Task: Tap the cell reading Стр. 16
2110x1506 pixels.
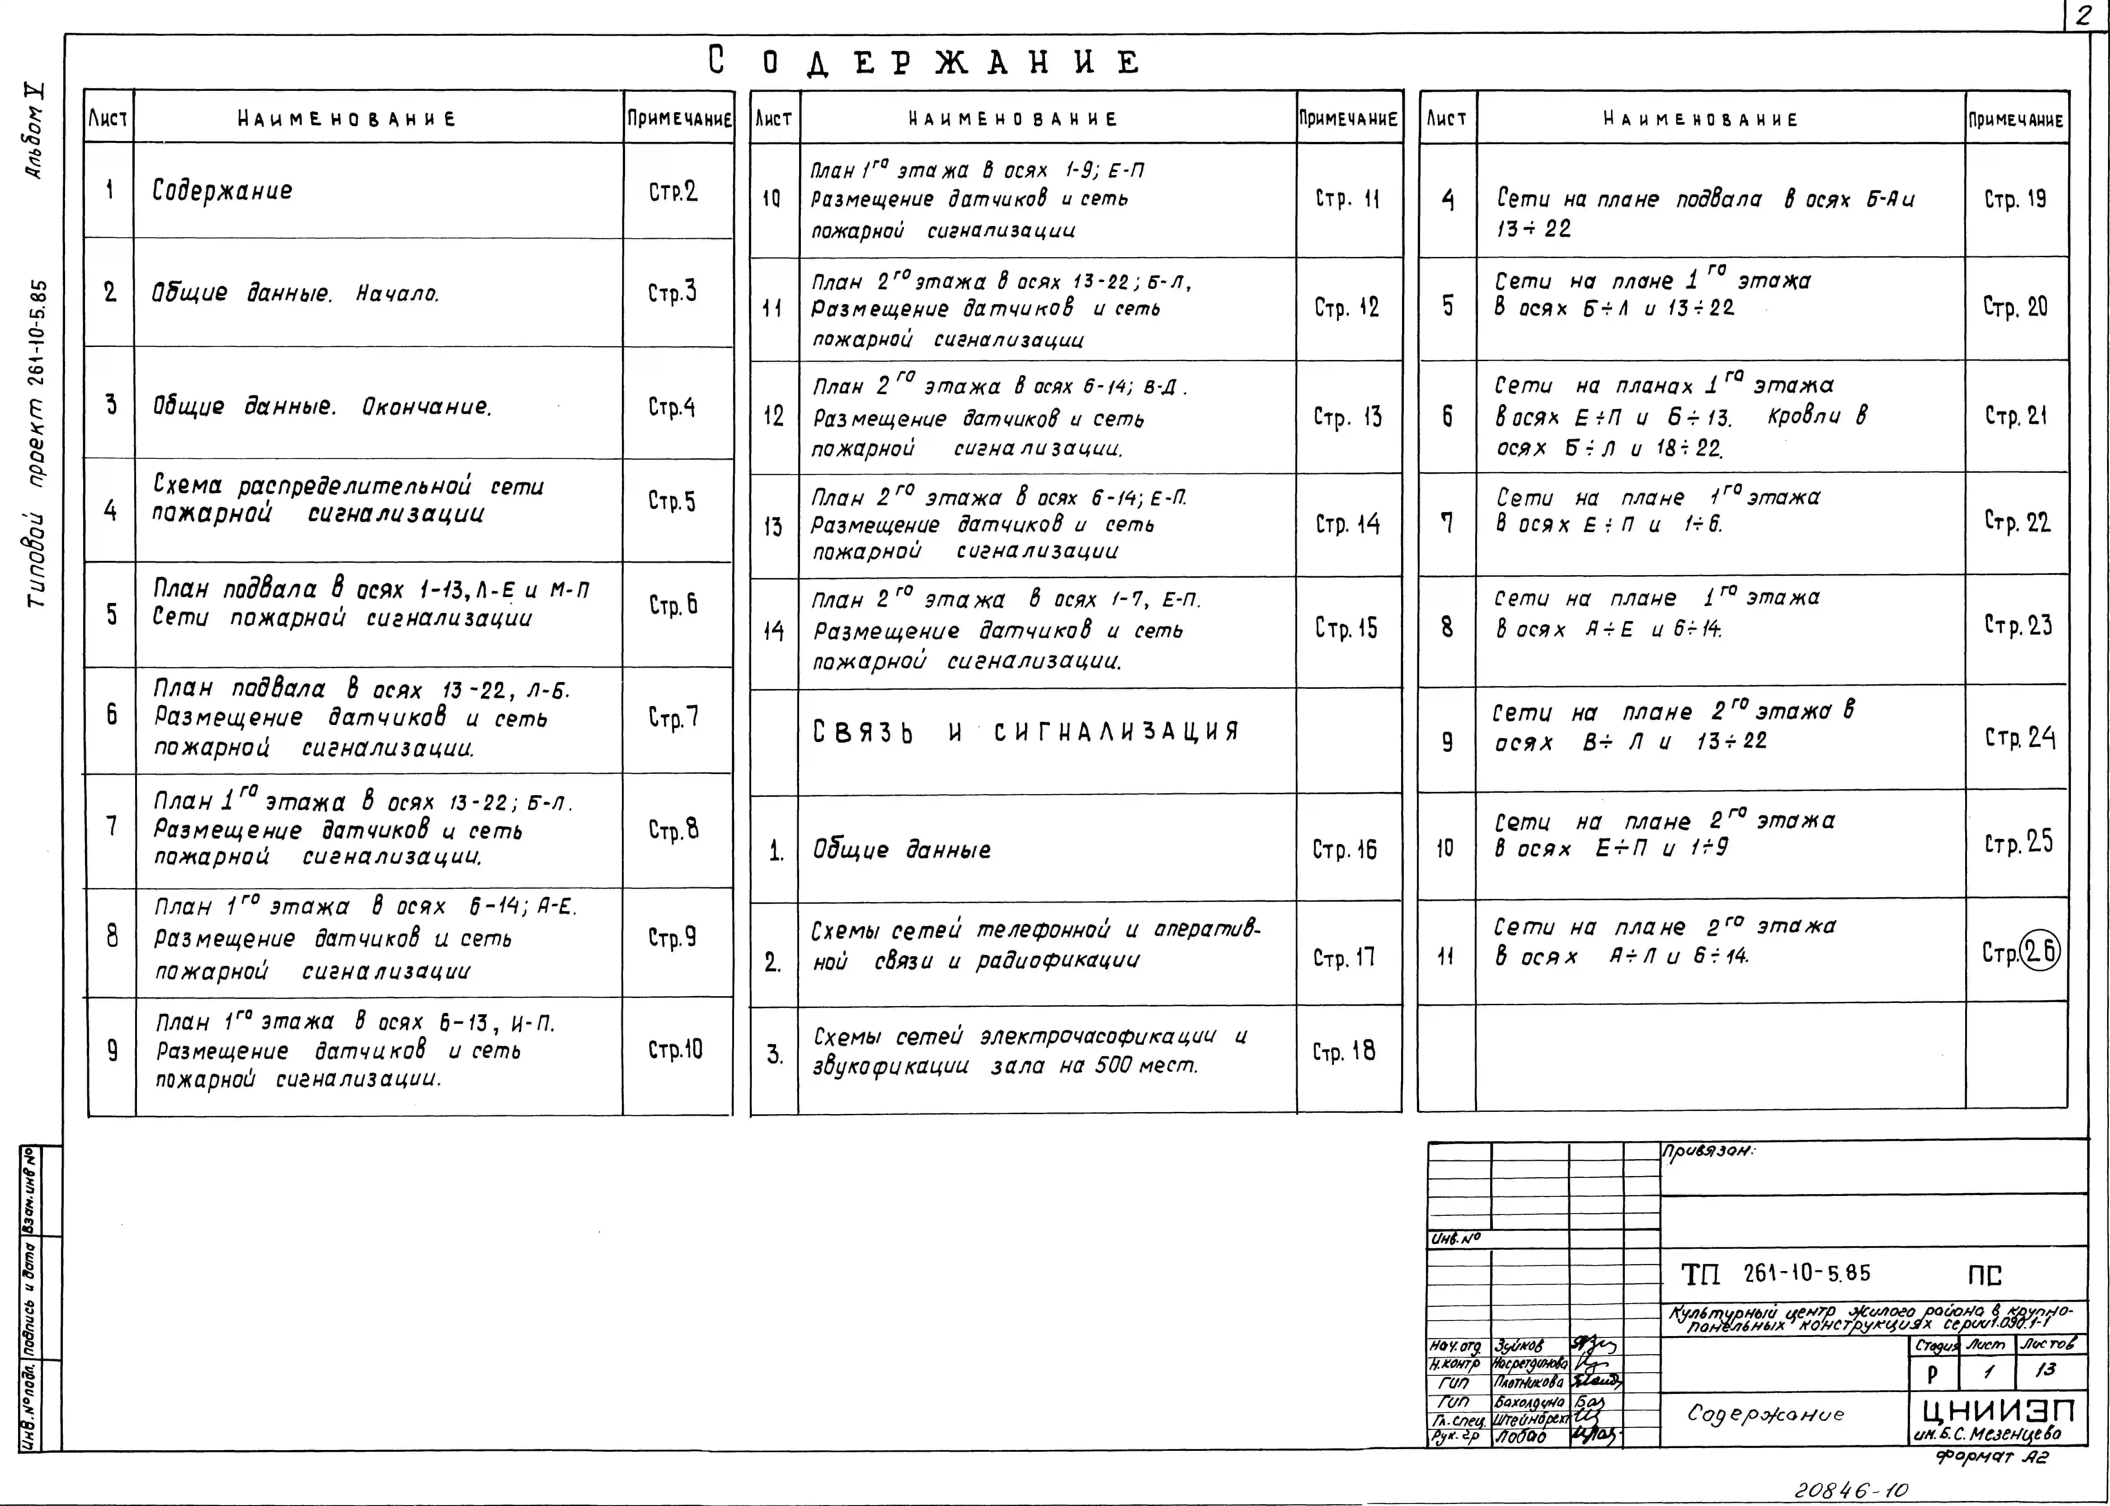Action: (1344, 849)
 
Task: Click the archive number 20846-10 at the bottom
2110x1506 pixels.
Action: (1851, 1490)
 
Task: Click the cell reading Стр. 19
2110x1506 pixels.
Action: (2016, 198)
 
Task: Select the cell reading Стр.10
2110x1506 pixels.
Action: (675, 1050)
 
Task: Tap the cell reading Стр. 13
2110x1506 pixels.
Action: (1347, 417)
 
